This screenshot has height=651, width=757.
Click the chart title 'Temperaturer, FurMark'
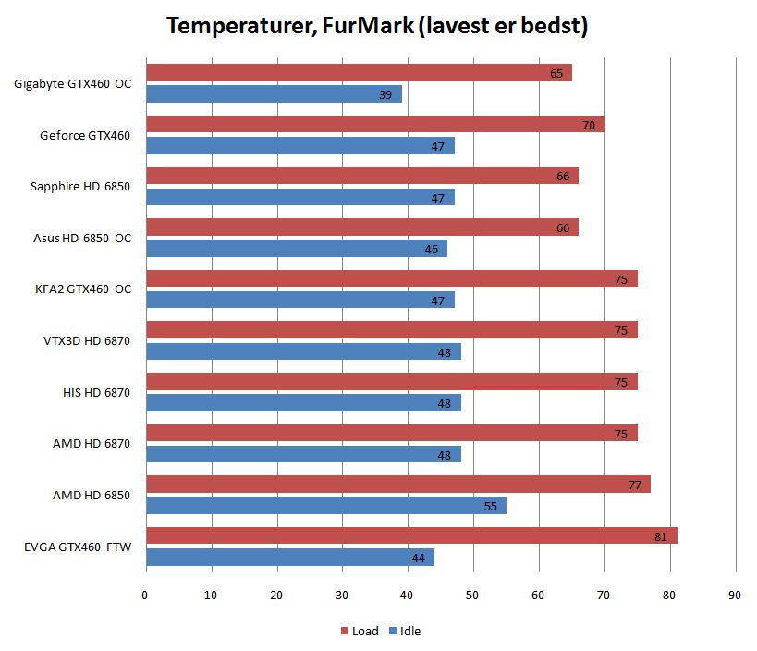pyautogui.click(x=377, y=26)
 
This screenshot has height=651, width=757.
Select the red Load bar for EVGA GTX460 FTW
pyautogui.click(x=411, y=535)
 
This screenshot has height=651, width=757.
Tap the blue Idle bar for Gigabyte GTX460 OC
pyautogui.click(x=274, y=94)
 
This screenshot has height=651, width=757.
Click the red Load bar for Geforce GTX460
pyautogui.click(x=375, y=124)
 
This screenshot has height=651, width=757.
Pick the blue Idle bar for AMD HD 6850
pyautogui.click(x=325, y=506)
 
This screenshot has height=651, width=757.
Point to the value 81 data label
pyautogui.click(x=661, y=536)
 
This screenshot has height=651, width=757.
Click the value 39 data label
pyautogui.click(x=385, y=94)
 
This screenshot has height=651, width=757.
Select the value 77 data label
pyautogui.click(x=635, y=485)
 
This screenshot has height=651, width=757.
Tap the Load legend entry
pyautogui.click(x=358, y=631)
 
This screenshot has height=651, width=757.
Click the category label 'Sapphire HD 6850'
pyautogui.click(x=80, y=187)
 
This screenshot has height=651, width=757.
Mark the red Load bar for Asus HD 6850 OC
pyautogui.click(x=361, y=227)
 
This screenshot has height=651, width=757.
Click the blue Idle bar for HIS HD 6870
pyautogui.click(x=303, y=403)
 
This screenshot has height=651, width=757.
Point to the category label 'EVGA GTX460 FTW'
pyautogui.click(x=78, y=547)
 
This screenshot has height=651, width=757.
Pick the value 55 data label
pyautogui.click(x=491, y=506)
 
